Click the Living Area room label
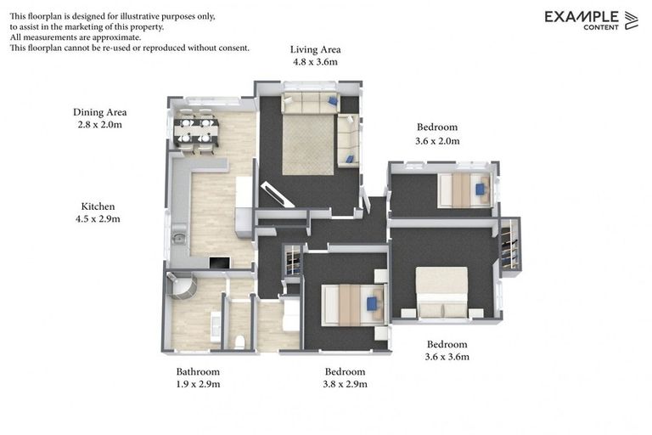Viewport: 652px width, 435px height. click(x=315, y=49)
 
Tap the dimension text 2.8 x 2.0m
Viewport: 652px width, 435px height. click(x=99, y=125)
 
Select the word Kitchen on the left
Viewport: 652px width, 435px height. click(x=98, y=206)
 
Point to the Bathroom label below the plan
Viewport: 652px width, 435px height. click(x=198, y=371)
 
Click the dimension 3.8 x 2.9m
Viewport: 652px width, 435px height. click(x=345, y=384)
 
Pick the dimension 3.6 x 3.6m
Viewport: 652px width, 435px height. click(x=447, y=357)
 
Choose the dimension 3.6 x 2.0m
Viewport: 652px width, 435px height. click(x=437, y=141)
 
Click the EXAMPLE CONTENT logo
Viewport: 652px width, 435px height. click(x=591, y=20)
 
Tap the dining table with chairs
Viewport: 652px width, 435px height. click(x=196, y=130)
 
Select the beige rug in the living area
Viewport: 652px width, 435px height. click(x=308, y=144)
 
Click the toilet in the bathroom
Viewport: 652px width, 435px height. click(x=240, y=342)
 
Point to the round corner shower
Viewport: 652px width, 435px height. click(x=183, y=286)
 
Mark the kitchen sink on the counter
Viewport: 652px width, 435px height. click(x=179, y=239)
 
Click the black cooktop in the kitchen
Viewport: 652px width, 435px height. click(x=218, y=263)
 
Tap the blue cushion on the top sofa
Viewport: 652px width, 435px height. click(x=333, y=101)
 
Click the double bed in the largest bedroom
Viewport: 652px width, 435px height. click(x=442, y=291)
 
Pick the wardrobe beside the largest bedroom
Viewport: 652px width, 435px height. click(x=510, y=245)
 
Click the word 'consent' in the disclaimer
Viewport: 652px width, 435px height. click(x=233, y=48)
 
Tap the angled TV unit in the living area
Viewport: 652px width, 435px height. click(x=278, y=195)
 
